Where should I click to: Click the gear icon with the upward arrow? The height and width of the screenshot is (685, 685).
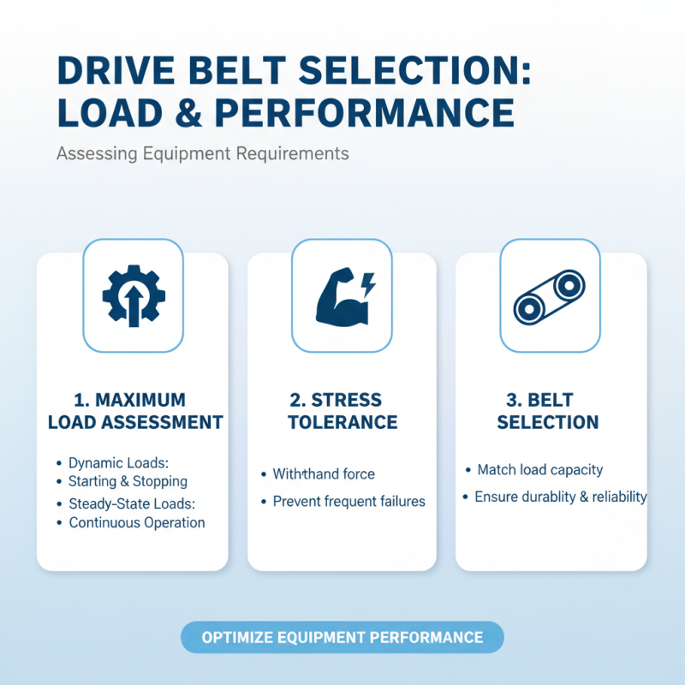click(x=133, y=295)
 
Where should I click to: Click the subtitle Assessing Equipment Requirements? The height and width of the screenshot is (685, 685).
click(x=202, y=154)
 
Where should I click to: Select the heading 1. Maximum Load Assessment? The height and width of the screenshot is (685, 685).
click(x=135, y=411)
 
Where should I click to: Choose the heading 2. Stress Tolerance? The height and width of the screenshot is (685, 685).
click(x=342, y=411)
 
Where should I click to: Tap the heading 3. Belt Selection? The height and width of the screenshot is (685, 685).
click(x=548, y=411)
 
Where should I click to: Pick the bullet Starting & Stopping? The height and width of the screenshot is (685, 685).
click(x=128, y=481)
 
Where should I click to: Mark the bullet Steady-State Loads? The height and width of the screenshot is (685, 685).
click(x=133, y=504)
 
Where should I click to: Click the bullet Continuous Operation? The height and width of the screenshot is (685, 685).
click(x=136, y=522)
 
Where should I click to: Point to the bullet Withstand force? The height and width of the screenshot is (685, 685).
click(x=324, y=474)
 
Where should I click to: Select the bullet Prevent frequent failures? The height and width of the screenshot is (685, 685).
click(x=348, y=501)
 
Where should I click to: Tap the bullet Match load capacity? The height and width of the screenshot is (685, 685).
click(x=539, y=469)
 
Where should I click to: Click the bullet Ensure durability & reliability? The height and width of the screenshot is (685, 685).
click(x=560, y=497)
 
